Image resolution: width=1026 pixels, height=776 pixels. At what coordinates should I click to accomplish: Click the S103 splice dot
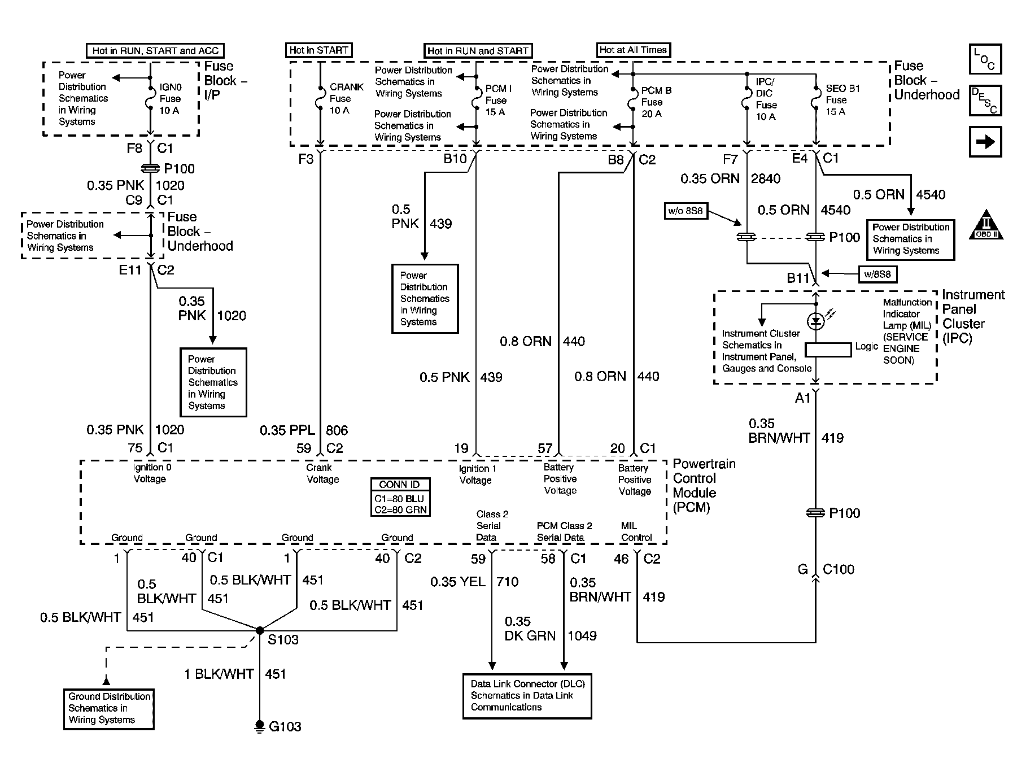pos(260,630)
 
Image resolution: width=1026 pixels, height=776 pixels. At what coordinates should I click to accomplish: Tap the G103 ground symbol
pos(260,726)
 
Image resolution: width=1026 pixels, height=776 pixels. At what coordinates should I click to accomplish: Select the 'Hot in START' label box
pos(318,50)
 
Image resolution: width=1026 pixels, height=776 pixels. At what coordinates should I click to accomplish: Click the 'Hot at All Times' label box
pos(633,50)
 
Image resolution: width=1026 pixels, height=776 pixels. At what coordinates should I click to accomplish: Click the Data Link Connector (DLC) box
pos(527,696)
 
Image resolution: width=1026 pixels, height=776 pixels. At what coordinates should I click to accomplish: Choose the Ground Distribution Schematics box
pos(109,709)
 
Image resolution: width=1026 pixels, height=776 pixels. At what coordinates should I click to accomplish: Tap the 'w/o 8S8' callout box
pos(686,211)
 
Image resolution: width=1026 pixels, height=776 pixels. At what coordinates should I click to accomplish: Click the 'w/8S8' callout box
pos(877,274)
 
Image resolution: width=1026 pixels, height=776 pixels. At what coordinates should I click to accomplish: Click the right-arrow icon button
pos(985,141)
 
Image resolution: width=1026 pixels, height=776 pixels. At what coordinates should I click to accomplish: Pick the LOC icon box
pos(985,59)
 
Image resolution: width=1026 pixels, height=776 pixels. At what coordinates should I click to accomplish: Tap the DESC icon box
pos(985,101)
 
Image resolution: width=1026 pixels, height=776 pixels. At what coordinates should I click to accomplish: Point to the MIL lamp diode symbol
pos(815,321)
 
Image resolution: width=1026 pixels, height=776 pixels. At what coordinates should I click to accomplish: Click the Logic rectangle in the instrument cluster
pos(828,350)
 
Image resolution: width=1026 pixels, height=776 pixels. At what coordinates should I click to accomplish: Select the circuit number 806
pos(337,430)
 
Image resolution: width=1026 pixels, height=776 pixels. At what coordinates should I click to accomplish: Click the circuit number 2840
pos(766,178)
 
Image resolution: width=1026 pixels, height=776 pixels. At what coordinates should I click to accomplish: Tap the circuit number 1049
pos(582,636)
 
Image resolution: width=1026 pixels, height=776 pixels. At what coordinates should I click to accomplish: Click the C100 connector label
pos(839,569)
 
